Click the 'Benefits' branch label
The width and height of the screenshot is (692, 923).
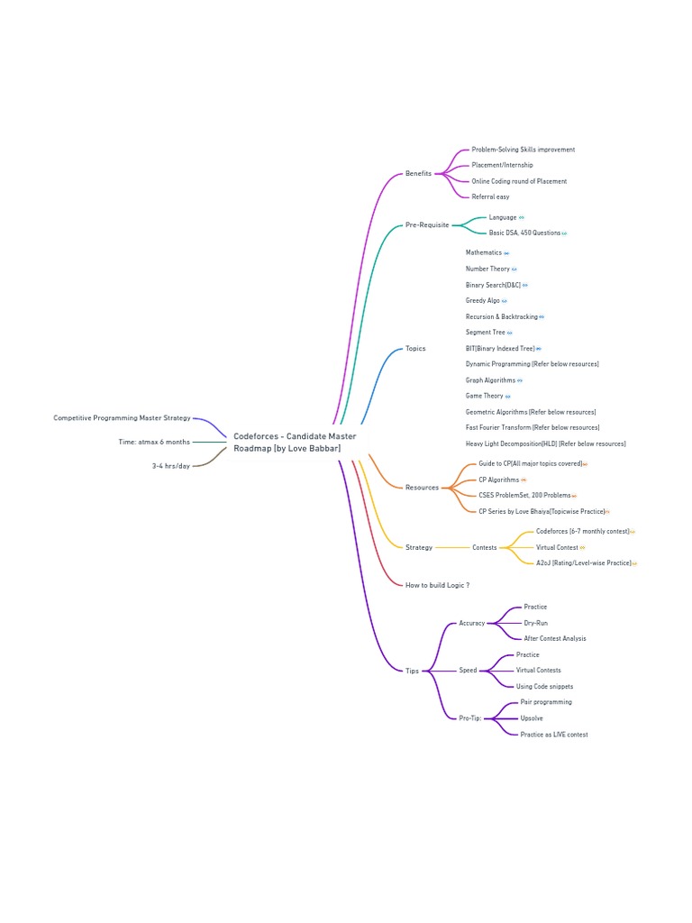tap(418, 173)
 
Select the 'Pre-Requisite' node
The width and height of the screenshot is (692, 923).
tap(426, 224)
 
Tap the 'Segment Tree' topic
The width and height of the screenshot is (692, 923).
tap(486, 333)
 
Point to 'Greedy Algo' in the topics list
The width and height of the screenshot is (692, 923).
tap(483, 301)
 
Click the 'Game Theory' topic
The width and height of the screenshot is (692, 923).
tap(485, 396)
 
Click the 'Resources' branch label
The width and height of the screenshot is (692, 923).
tap(422, 488)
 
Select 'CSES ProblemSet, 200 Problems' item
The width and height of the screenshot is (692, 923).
tap(524, 495)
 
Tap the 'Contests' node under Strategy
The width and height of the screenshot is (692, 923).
tap(484, 547)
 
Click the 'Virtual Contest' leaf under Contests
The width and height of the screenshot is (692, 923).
tap(557, 547)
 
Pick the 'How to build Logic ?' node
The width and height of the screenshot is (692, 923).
tap(437, 585)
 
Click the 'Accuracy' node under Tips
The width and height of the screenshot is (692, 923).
tap(471, 623)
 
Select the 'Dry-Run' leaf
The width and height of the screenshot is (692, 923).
tap(535, 623)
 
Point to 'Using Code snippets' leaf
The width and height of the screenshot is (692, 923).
tap(544, 686)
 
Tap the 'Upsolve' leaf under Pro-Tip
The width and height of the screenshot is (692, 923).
tap(532, 718)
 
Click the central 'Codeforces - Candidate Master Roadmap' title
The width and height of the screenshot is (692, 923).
tap(295, 442)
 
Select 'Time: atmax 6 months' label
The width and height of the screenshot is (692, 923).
tap(154, 442)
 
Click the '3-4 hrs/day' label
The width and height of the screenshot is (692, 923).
tap(171, 466)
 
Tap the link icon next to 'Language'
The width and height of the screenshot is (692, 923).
tap(522, 217)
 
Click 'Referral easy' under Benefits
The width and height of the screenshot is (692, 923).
tap(490, 196)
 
